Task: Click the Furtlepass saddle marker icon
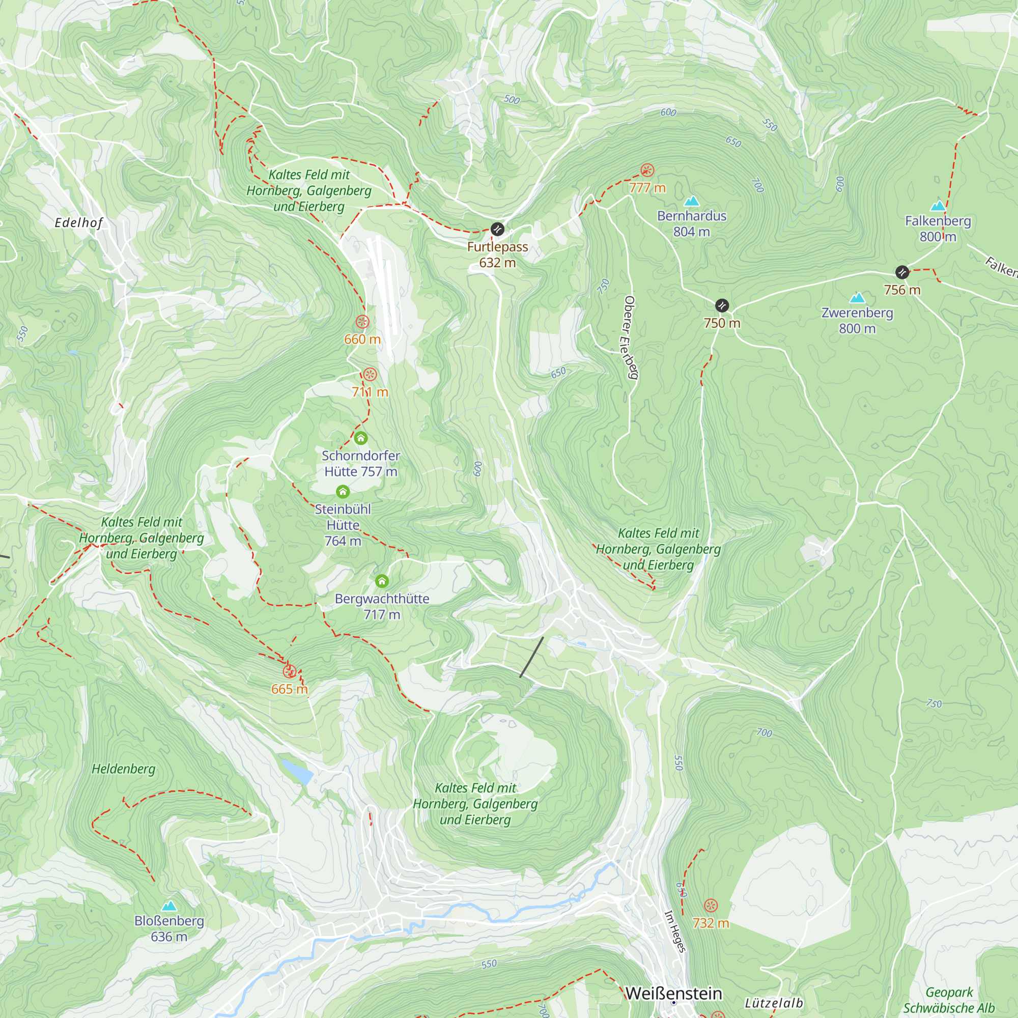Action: pyautogui.click(x=497, y=229)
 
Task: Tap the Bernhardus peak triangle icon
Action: pyautogui.click(x=691, y=201)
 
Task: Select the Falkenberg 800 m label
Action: pyautogui.click(x=938, y=229)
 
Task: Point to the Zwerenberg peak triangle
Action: pyautogui.click(x=857, y=298)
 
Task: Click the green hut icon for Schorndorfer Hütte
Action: pyautogui.click(x=360, y=438)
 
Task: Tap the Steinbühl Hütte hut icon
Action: pyautogui.click(x=343, y=492)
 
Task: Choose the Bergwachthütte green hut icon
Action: pyautogui.click(x=382, y=581)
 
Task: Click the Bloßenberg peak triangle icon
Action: pyautogui.click(x=168, y=907)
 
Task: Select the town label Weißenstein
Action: pyautogui.click(x=673, y=993)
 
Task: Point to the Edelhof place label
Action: pyautogui.click(x=79, y=223)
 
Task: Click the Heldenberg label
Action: pyautogui.click(x=124, y=769)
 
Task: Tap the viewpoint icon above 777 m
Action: pyautogui.click(x=647, y=170)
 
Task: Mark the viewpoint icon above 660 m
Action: pyautogui.click(x=362, y=321)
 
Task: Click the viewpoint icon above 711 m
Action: pyautogui.click(x=370, y=374)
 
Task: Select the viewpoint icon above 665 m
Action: pyautogui.click(x=289, y=671)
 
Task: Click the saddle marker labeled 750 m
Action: pyautogui.click(x=722, y=305)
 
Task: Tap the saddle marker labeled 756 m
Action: pyautogui.click(x=902, y=272)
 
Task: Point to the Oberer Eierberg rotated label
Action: pyautogui.click(x=630, y=337)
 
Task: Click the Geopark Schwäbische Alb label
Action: pyautogui.click(x=949, y=1000)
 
